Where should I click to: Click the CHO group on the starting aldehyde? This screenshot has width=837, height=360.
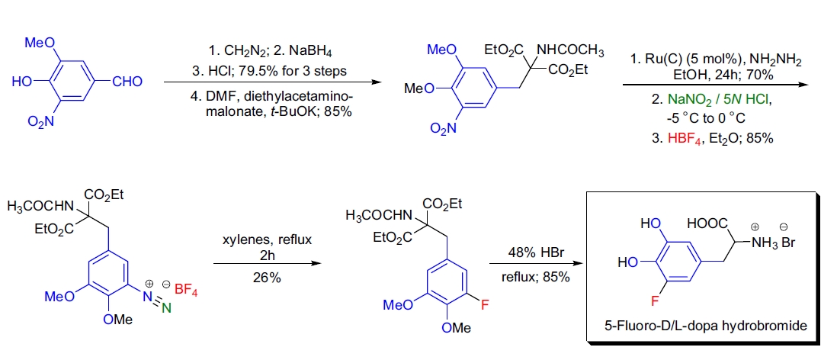pyautogui.click(x=127, y=82)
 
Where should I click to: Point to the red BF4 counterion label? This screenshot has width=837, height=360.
pyautogui.click(x=185, y=289)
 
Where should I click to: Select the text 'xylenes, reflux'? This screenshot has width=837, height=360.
pyautogui.click(x=267, y=239)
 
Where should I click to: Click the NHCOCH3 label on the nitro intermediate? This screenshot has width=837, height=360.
pyautogui.click(x=570, y=52)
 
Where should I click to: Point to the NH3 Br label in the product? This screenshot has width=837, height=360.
pyautogui.click(x=770, y=243)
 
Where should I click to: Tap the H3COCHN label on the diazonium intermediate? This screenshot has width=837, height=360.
pyautogui.click(x=38, y=207)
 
